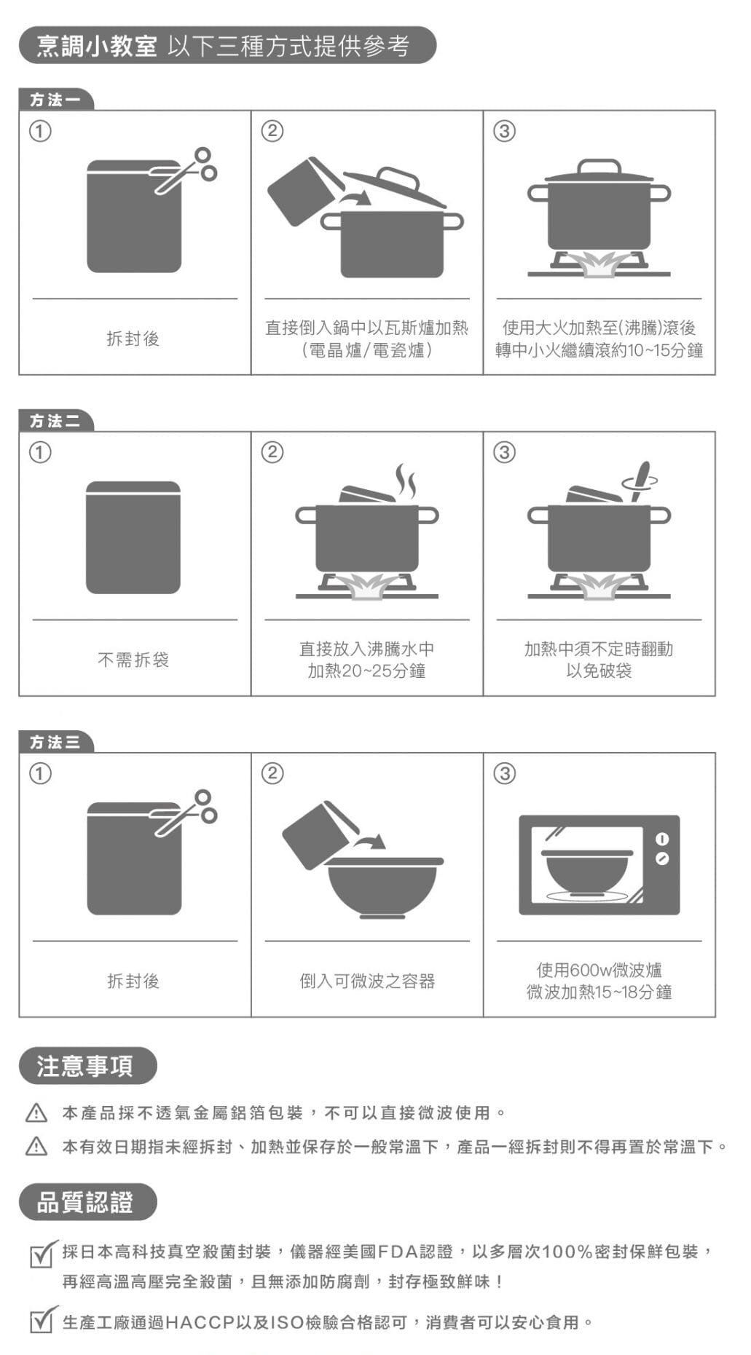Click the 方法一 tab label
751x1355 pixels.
click(x=56, y=100)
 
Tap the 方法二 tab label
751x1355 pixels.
click(x=56, y=421)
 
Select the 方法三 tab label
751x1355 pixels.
click(x=56, y=742)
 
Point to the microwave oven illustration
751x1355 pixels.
click(x=599, y=865)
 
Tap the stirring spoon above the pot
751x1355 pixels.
click(x=640, y=481)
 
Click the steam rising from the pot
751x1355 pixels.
click(x=406, y=481)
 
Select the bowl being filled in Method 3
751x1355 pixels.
click(x=383, y=888)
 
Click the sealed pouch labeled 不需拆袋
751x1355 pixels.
click(x=133, y=537)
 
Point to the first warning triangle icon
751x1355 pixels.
click(x=36, y=1113)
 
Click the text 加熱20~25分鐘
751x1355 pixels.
click(x=366, y=671)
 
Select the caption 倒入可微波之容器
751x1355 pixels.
click(x=367, y=981)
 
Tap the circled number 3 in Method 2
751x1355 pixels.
click(x=504, y=452)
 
